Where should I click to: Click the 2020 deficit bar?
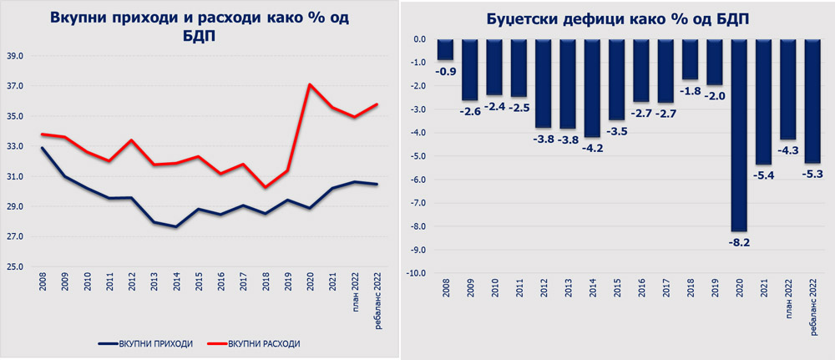(x=740, y=134)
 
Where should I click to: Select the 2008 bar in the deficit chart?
(x=446, y=49)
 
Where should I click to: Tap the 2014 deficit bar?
(x=592, y=88)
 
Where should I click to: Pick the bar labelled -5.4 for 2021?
(x=764, y=100)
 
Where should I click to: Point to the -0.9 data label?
(x=447, y=71)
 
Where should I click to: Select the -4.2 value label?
(x=592, y=148)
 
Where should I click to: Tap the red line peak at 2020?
(x=310, y=84)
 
